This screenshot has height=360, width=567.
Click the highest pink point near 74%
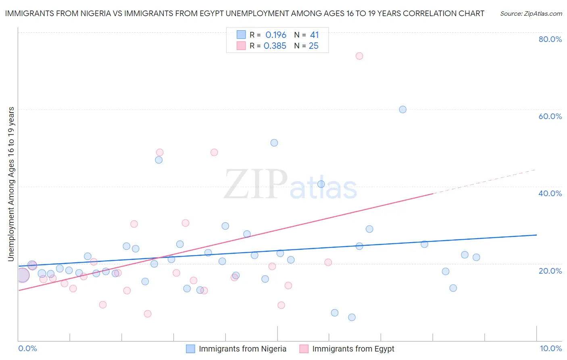pyautogui.click(x=359, y=56)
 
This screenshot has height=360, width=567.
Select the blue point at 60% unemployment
pyautogui.click(x=402, y=109)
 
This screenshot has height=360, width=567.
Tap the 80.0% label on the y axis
pyautogui.click(x=550, y=39)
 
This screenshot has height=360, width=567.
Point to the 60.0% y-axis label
pyautogui.click(x=550, y=116)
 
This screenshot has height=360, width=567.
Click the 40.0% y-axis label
pyautogui.click(x=550, y=193)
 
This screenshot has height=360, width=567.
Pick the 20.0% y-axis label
pyautogui.click(x=550, y=271)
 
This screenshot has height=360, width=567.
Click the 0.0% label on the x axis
pyautogui.click(x=28, y=348)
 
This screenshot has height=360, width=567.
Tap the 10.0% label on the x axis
pyautogui.click(x=550, y=348)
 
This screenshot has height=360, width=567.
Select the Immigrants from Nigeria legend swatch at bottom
pyautogui.click(x=191, y=349)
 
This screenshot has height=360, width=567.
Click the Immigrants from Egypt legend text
pyautogui.click(x=353, y=349)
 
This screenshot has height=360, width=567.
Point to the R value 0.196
pyautogui.click(x=276, y=35)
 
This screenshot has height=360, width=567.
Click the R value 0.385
pyautogui.click(x=275, y=46)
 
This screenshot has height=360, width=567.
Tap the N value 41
pyautogui.click(x=314, y=35)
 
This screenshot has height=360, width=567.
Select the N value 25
pyautogui.click(x=313, y=46)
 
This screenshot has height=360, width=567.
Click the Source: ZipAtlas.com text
pyautogui.click(x=531, y=14)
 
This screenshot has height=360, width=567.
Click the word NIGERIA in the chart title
pyautogui.click(x=91, y=13)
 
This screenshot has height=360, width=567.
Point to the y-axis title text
pyautogui.click(x=11, y=184)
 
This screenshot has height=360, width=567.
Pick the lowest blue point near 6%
pyautogui.click(x=352, y=317)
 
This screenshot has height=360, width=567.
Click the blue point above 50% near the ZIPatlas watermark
pyautogui.click(x=274, y=143)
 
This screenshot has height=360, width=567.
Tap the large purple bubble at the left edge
pyautogui.click(x=23, y=275)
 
